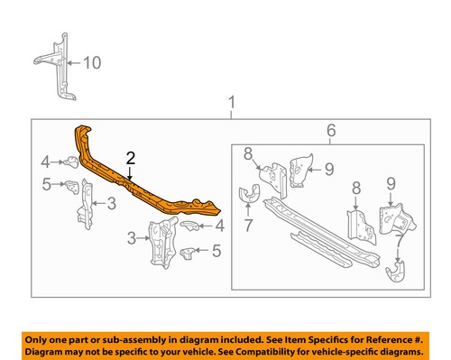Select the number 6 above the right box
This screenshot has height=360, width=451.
tap(331, 132)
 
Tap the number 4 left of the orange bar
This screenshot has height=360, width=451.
tap(44, 162)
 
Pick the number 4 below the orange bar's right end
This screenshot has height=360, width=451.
tap(219, 226)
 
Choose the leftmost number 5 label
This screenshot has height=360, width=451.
tap(44, 185)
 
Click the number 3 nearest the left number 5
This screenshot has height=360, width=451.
tap(111, 204)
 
